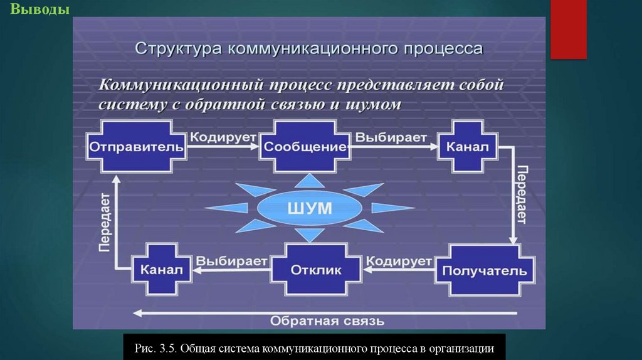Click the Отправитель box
(x=137, y=148)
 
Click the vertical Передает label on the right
(x=522, y=194)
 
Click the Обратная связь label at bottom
(x=326, y=322)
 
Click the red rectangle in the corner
(x=568, y=29)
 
